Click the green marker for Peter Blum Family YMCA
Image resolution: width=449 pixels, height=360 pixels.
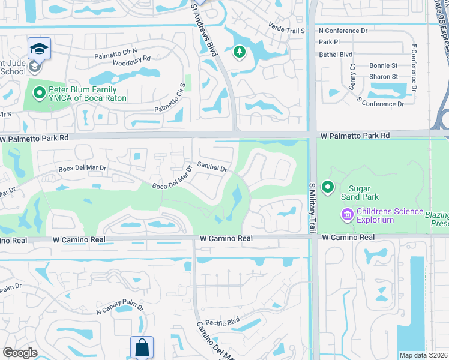[40, 93]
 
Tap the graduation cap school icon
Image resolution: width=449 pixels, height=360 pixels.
[39, 49]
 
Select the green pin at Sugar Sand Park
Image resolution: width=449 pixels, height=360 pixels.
[328, 188]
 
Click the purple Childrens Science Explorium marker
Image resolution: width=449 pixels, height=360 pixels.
[347, 214]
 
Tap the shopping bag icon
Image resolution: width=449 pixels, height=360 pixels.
[142, 347]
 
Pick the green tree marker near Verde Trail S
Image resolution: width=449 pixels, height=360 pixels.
[240, 52]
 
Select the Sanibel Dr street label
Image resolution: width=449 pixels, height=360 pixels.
[212, 167]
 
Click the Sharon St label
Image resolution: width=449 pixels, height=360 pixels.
[384, 77]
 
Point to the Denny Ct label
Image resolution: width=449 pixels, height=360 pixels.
[352, 77]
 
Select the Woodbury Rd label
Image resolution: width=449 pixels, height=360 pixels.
[131, 59]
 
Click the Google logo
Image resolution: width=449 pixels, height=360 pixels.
[20, 353]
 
